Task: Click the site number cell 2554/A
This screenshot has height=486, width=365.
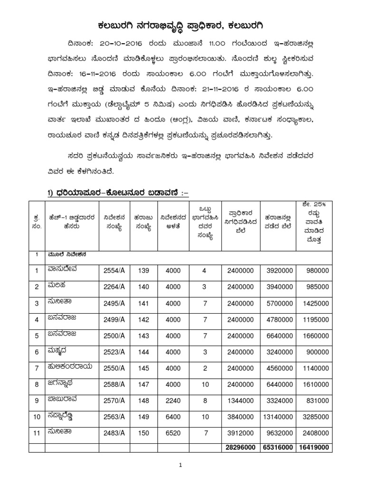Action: point(114,270)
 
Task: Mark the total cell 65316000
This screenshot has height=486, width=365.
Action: point(278,448)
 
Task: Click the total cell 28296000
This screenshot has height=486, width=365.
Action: point(240,448)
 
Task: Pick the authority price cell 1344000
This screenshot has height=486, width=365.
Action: point(240,399)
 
